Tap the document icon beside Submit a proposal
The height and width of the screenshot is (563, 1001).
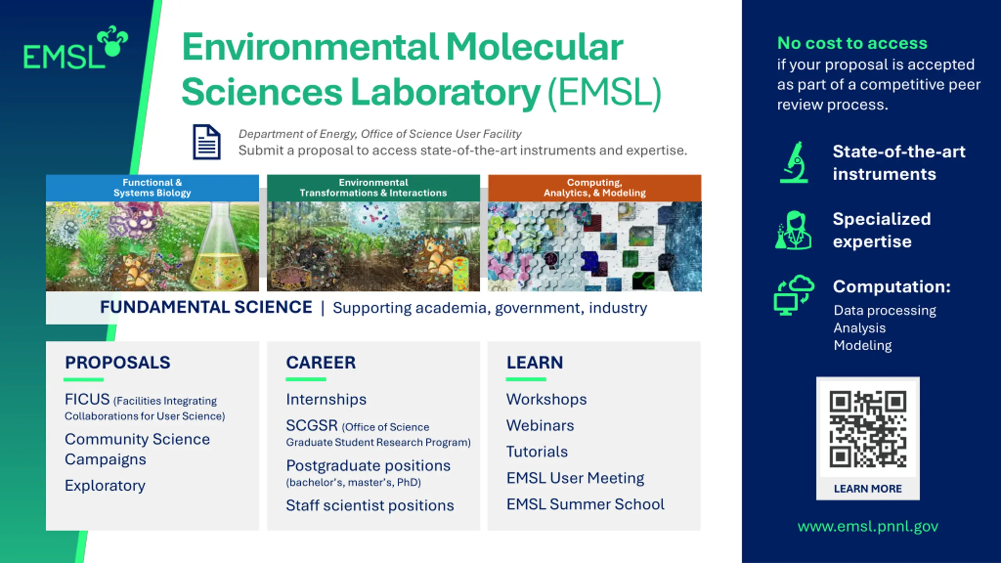(x=206, y=142)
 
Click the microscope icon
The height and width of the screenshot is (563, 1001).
(x=794, y=162)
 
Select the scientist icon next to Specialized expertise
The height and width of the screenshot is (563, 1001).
(x=793, y=230)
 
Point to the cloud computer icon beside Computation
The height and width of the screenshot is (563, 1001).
(x=794, y=295)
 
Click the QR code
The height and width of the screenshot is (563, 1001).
(x=868, y=429)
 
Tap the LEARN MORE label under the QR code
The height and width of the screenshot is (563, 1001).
(x=868, y=489)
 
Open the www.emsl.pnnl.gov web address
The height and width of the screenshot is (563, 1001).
(x=868, y=527)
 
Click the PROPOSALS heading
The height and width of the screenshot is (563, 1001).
(x=118, y=362)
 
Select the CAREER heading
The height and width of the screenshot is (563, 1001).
(x=321, y=362)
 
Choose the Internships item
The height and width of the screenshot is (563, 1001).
(x=326, y=399)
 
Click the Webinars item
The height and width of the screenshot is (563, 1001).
(x=540, y=425)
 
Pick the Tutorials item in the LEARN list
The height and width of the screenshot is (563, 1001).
(x=537, y=452)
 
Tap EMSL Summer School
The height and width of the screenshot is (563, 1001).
(x=585, y=504)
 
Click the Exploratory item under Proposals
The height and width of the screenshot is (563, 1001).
(x=105, y=486)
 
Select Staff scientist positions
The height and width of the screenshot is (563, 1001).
(x=370, y=506)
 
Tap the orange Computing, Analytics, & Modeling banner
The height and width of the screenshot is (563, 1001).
(x=594, y=188)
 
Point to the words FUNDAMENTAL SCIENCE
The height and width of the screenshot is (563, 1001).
(x=206, y=307)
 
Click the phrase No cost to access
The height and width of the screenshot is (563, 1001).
(x=852, y=43)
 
